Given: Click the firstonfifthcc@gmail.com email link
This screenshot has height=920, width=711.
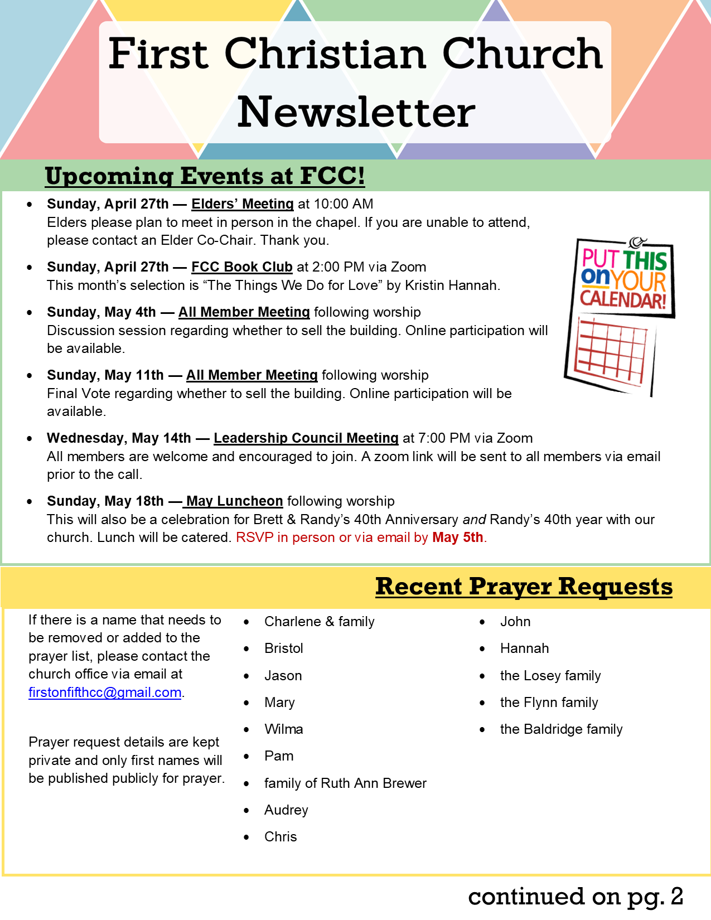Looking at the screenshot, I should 105,693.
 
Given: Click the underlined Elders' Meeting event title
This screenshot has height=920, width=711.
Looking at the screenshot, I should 242,204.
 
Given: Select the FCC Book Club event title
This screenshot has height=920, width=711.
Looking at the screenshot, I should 241,267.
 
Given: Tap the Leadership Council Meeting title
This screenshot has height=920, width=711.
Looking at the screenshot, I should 306,438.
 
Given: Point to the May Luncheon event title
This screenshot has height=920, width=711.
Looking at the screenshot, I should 235,501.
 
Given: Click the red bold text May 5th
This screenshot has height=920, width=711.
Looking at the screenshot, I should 457,538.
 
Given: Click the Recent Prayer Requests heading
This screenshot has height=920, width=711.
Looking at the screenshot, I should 524,587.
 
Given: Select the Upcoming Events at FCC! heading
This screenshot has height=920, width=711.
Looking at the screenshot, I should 205,176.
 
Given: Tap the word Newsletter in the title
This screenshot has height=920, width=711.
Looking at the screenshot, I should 356,112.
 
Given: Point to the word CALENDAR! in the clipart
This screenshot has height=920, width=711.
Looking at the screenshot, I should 623,299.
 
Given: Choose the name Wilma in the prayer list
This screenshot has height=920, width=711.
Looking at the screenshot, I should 283,729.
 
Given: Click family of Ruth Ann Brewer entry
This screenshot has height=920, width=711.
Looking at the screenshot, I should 345,783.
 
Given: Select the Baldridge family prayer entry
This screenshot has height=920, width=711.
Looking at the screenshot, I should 561,729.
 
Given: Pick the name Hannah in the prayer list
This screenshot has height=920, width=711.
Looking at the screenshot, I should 524,648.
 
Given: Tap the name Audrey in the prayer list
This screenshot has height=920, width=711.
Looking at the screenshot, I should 286,810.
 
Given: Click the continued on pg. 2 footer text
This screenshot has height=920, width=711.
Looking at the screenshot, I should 575,896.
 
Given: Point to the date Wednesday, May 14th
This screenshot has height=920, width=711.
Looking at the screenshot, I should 119,438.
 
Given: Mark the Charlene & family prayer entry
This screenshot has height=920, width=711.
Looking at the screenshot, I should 319,622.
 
